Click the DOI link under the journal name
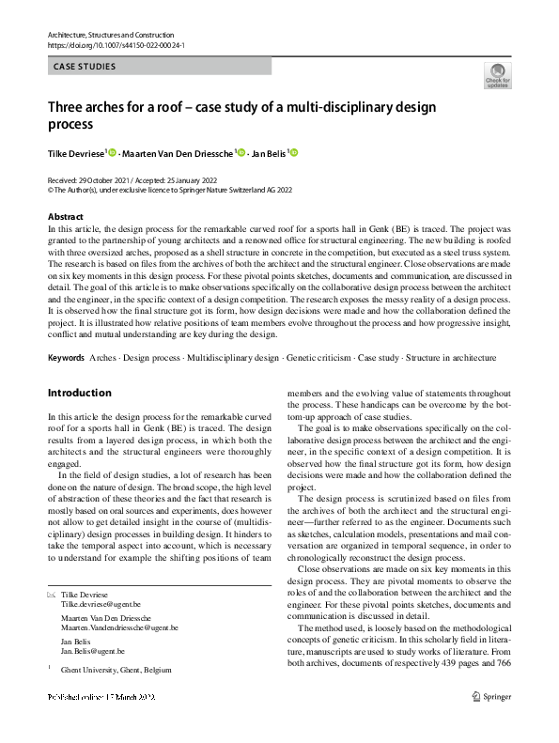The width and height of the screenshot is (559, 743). pos(115,45)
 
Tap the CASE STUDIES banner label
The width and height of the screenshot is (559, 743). pos(85,67)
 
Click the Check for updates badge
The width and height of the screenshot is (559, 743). pos(497,75)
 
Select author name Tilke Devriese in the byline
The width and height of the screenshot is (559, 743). pos(77,152)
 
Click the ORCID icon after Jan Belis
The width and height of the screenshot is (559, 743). pos(294,152)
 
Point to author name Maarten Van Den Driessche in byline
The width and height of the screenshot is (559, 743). pos(178,152)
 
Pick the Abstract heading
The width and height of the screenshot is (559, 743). pos(65,216)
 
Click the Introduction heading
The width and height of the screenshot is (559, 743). pos(79,393)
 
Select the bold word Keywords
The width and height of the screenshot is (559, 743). pos(66,358)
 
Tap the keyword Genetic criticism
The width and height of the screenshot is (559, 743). pos(319,358)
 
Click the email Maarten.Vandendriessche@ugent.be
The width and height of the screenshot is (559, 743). pos(119,627)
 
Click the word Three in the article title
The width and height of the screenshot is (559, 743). pos(68,106)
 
